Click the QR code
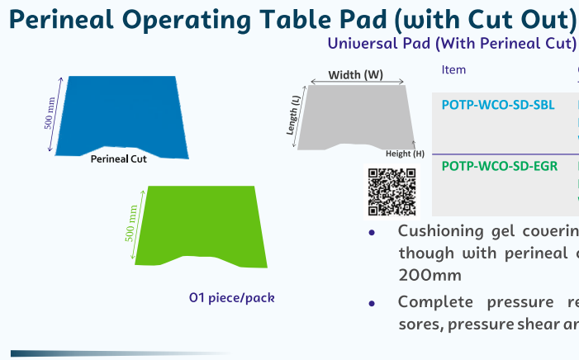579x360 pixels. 392,192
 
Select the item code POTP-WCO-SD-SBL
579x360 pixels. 498,105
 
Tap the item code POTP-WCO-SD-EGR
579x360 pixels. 500,166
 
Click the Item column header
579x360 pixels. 453,70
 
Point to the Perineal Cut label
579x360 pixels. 119,159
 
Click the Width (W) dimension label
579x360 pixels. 356,75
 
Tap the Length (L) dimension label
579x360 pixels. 293,116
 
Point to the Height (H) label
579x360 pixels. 405,154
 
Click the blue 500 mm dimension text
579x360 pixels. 50,113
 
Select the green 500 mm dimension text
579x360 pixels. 131,223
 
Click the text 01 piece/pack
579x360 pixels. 231,297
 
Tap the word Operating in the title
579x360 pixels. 187,20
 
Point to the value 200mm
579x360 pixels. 430,276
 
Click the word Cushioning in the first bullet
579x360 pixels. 440,232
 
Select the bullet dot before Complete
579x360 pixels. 372,304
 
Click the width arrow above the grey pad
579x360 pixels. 357,82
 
